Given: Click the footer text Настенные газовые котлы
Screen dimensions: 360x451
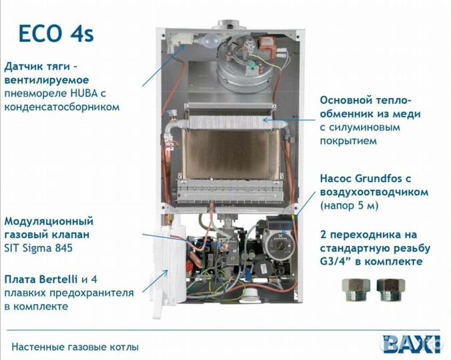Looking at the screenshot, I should coord(75,347).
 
